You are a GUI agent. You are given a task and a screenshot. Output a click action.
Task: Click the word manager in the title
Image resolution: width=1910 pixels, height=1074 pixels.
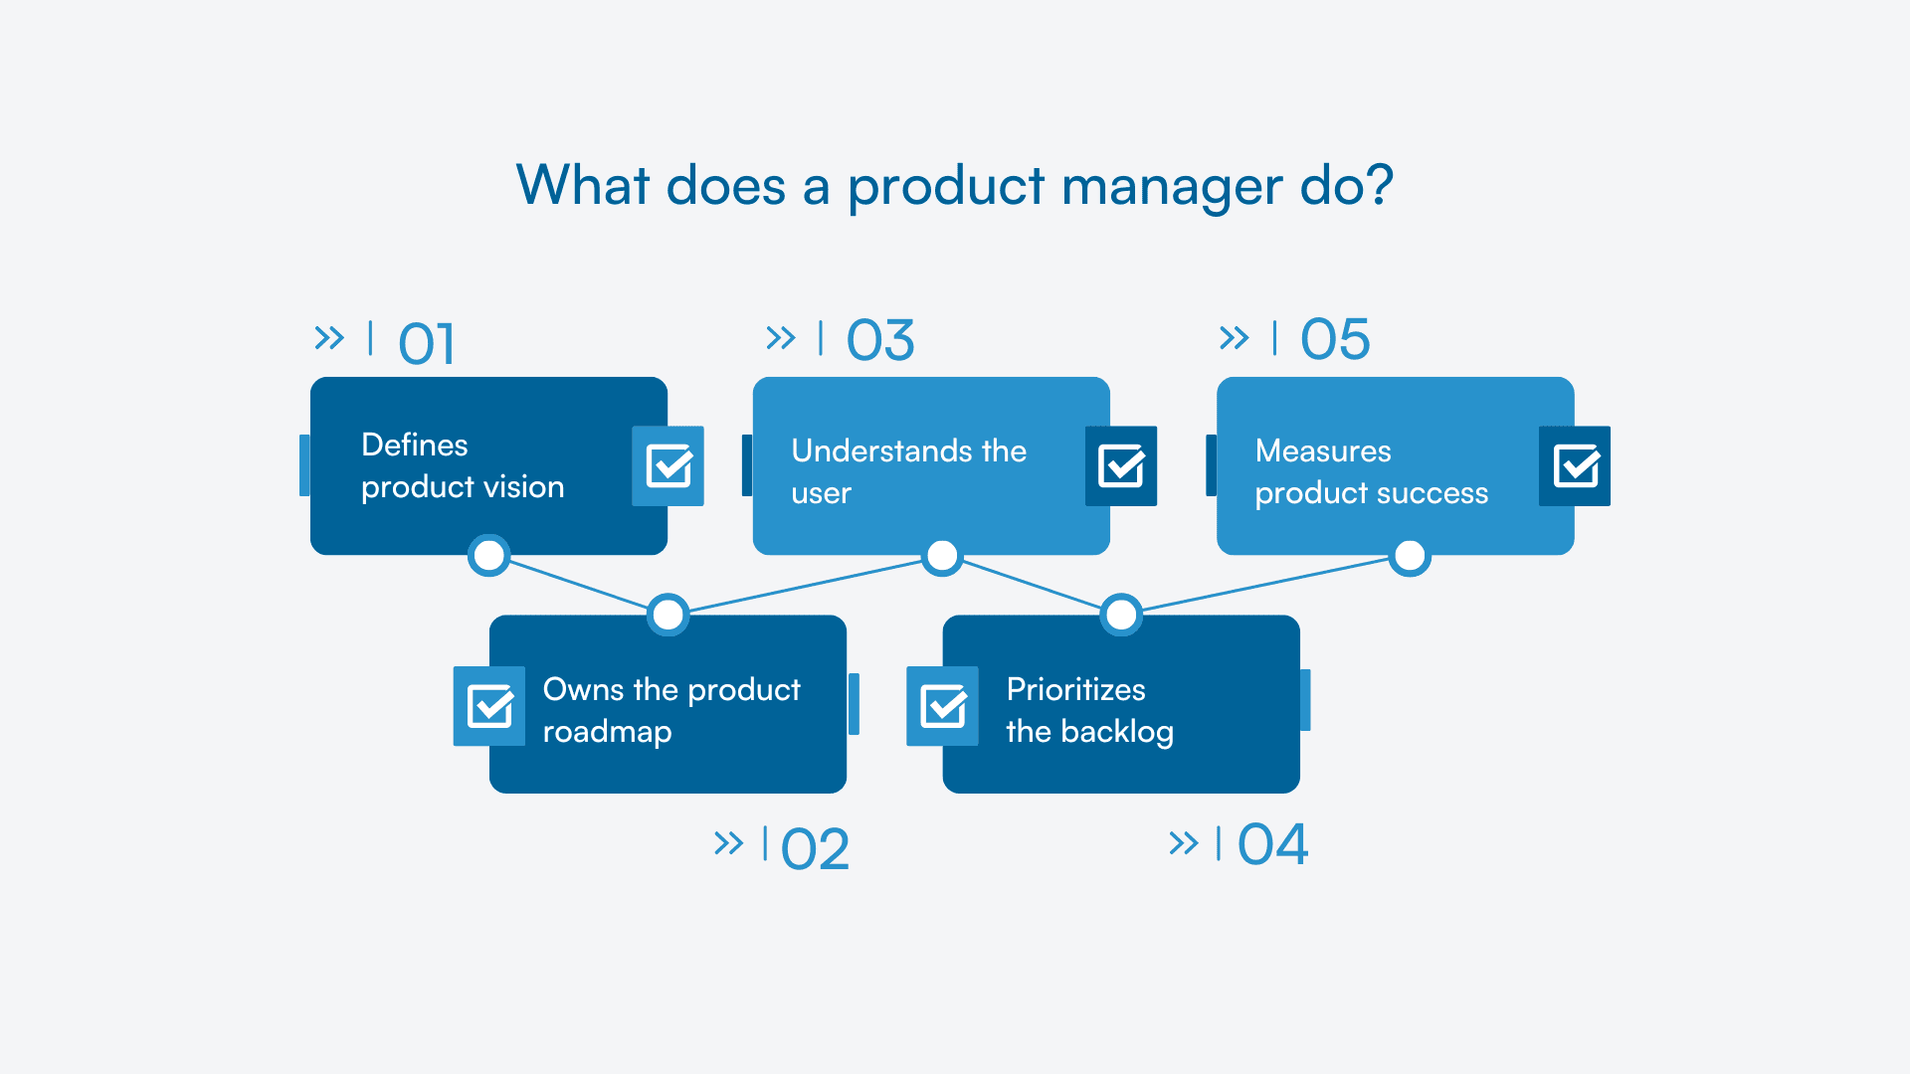(1171, 186)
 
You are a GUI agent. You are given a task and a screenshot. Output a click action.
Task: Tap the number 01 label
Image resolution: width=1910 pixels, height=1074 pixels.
(426, 344)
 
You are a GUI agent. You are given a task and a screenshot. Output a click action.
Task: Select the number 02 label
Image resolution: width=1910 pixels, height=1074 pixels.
(815, 849)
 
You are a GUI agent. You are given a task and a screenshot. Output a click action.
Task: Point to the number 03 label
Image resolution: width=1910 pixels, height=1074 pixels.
(879, 340)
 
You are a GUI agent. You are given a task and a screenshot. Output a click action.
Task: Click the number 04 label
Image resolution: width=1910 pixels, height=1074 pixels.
(1272, 844)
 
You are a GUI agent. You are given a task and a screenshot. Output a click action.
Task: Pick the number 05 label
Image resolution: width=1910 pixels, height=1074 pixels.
(1335, 339)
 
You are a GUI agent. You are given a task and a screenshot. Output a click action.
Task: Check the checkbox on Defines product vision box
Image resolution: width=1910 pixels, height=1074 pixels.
(668, 465)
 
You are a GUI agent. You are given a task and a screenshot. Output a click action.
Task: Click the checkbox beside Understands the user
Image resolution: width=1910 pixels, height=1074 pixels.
(1121, 465)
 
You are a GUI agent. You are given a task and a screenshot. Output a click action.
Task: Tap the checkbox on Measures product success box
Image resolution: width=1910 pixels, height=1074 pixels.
(1575, 465)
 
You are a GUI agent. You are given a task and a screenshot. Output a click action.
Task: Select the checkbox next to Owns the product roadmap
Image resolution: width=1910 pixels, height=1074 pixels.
(489, 706)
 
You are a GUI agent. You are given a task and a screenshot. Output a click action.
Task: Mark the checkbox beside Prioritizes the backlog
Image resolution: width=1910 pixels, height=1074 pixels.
(942, 706)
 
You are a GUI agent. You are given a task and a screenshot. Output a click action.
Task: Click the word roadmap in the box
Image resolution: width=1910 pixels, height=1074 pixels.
(607, 732)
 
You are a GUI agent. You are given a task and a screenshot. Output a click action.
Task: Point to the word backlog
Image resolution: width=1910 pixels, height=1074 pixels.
(1117, 732)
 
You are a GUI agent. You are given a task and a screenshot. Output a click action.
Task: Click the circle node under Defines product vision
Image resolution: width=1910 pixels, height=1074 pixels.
(488, 556)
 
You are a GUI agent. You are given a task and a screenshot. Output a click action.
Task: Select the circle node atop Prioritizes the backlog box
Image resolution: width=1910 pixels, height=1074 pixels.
(1121, 615)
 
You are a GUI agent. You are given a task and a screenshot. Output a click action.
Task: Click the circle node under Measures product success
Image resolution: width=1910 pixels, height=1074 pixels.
(1410, 556)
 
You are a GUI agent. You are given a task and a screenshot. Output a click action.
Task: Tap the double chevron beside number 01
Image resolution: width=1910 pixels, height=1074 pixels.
(329, 338)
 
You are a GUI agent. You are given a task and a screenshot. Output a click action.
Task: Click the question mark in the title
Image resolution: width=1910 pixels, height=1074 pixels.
(1379, 185)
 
